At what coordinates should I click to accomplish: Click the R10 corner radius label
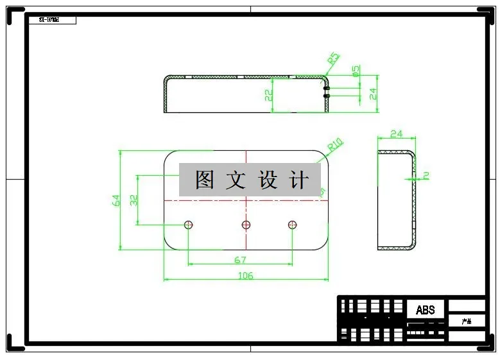click(x=336, y=145)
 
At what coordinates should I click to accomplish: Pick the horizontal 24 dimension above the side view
click(x=396, y=134)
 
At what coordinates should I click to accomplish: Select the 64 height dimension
click(x=116, y=200)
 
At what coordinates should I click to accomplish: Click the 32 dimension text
click(x=134, y=200)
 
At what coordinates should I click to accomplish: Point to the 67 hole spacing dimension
click(x=240, y=260)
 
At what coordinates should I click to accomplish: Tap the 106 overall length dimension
click(x=245, y=276)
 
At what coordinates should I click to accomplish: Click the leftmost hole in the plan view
click(x=189, y=225)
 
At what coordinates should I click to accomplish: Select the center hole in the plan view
click(x=246, y=225)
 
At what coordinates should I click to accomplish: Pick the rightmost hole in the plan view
click(x=293, y=225)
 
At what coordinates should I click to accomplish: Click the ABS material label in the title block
click(x=425, y=310)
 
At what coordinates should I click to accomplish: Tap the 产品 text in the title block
click(x=467, y=321)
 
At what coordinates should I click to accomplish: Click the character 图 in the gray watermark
click(x=204, y=180)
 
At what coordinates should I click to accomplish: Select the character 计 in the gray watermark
click(x=299, y=180)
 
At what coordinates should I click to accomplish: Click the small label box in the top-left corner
click(x=53, y=20)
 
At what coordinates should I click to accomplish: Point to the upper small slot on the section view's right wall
click(x=327, y=88)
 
